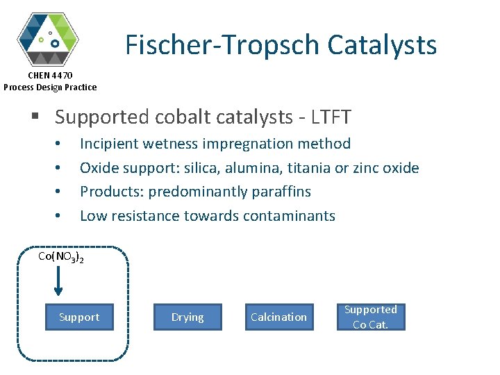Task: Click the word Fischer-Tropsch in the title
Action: [222, 45]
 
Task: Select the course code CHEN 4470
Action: [50, 75]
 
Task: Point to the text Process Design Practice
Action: [50, 87]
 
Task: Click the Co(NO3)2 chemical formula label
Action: [61, 258]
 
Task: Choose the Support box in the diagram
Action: [79, 317]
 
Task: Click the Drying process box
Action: [187, 317]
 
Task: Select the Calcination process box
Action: [278, 317]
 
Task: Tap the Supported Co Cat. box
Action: [370, 317]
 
